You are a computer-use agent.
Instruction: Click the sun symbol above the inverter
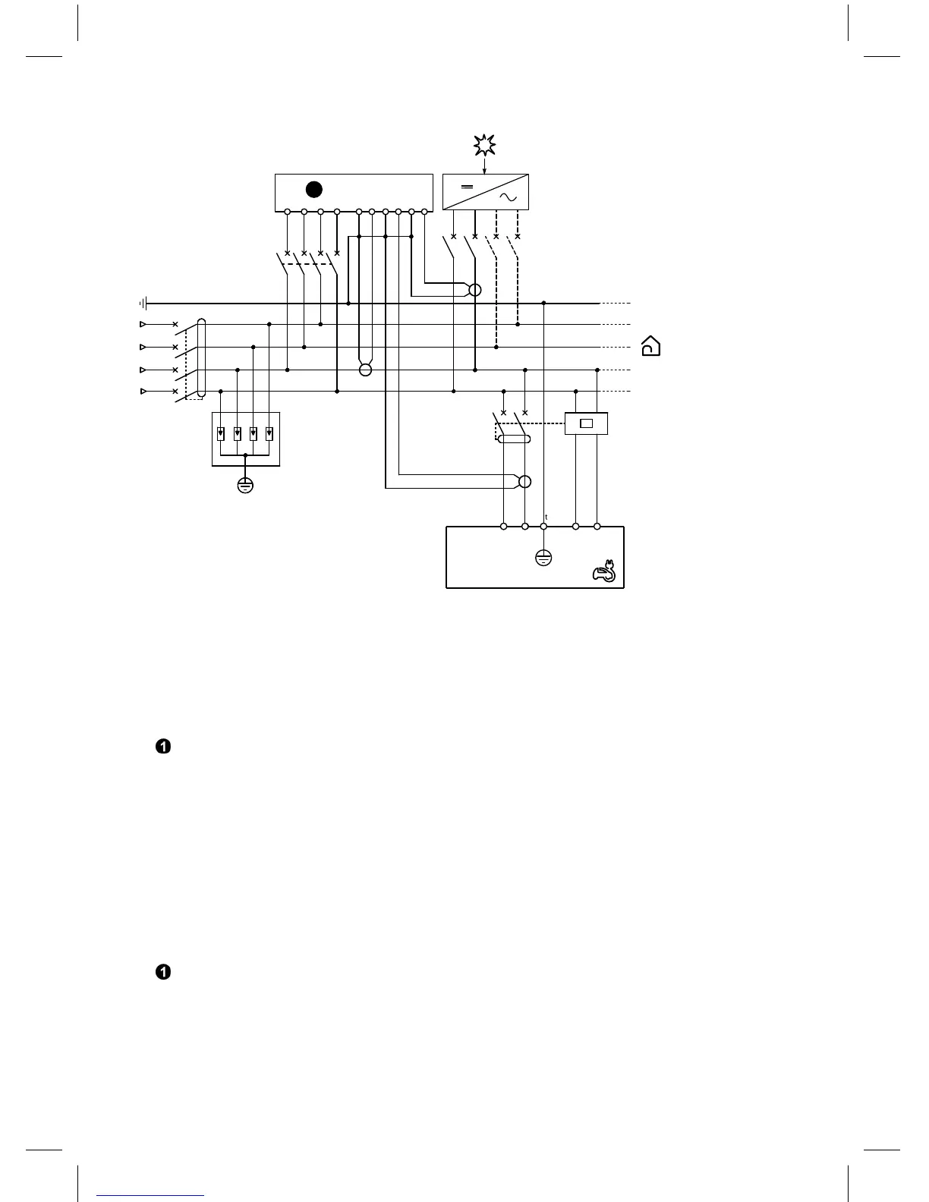(x=484, y=144)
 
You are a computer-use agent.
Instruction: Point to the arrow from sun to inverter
(x=484, y=165)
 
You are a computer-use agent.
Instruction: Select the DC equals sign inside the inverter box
(x=468, y=187)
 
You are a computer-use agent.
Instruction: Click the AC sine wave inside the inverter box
(x=508, y=198)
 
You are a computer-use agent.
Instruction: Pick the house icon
(x=650, y=346)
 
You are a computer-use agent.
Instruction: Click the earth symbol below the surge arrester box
(x=245, y=485)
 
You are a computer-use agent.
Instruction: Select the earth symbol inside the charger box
(x=543, y=558)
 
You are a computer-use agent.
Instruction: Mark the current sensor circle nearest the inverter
(x=475, y=290)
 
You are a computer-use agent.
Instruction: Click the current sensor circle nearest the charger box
(x=524, y=482)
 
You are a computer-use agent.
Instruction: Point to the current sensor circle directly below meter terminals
(x=365, y=370)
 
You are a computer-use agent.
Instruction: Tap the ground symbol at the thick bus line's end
(x=143, y=304)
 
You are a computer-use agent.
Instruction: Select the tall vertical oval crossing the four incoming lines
(x=201, y=357)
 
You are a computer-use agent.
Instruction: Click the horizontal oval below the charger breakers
(x=514, y=439)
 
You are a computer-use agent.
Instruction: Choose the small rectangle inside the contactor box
(x=586, y=423)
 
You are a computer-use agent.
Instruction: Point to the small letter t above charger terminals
(x=546, y=517)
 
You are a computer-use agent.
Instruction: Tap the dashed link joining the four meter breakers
(x=311, y=263)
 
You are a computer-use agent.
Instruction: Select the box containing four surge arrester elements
(x=245, y=439)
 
